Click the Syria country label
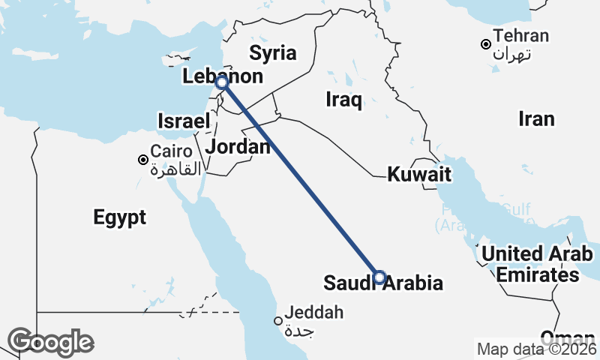click(273, 53)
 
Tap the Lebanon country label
click(223, 76)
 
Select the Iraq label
click(344, 99)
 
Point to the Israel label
click(184, 121)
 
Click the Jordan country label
click(238, 146)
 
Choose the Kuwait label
click(419, 175)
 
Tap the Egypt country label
click(120, 217)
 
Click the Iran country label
click(536, 118)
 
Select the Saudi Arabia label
click(382, 283)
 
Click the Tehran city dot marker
click(486, 44)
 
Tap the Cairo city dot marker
click(142, 160)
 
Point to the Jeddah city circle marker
click(278, 321)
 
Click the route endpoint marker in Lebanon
click(221, 82)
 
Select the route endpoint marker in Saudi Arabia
click(379, 277)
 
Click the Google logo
click(51, 342)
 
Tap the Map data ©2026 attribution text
click(537, 349)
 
